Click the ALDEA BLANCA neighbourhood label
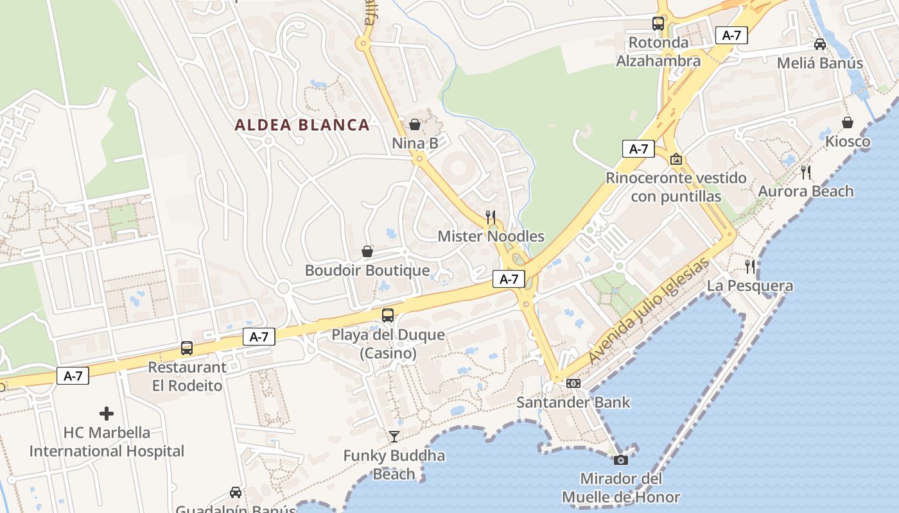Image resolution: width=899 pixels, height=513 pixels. (302, 125)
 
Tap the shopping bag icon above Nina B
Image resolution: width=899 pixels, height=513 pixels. (415, 124)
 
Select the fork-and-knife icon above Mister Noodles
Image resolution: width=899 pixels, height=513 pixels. (491, 217)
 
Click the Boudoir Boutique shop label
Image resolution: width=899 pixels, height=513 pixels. (367, 270)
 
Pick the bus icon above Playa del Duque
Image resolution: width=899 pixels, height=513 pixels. (388, 315)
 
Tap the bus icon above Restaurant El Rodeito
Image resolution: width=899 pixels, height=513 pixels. (187, 348)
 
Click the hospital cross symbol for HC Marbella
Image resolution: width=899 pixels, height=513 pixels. (107, 414)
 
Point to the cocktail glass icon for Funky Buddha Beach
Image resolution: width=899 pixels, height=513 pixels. (394, 437)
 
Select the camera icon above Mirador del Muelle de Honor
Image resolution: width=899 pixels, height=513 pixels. (620, 460)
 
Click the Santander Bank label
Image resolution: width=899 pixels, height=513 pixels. (573, 403)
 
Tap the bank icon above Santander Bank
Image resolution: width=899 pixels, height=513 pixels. (573, 383)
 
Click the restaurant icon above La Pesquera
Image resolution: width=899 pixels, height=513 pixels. (750, 266)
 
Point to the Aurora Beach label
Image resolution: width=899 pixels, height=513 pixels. (806, 191)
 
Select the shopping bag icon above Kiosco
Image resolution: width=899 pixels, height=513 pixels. (848, 122)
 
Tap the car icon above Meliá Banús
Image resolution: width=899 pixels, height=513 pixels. (820, 44)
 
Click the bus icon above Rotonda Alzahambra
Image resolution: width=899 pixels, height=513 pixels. (658, 24)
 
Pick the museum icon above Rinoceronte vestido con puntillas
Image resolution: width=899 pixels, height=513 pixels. (676, 158)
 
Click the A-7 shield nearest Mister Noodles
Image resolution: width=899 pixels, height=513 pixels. (509, 279)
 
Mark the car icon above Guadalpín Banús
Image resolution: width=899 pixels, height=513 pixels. (236, 492)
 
